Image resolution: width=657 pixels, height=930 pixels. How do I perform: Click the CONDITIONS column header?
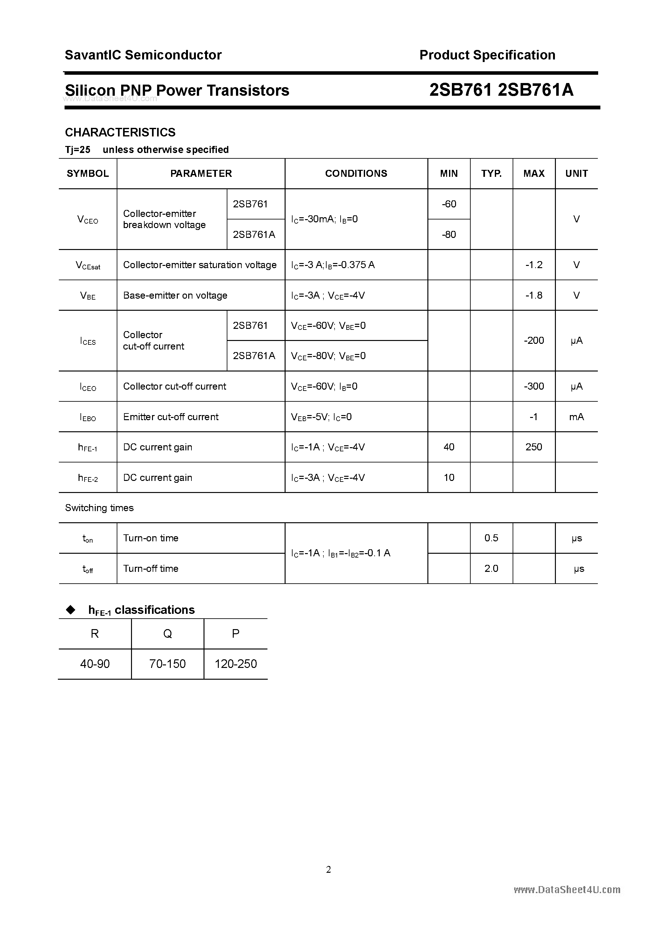(x=356, y=173)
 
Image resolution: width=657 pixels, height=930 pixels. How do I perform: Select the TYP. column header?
(x=491, y=173)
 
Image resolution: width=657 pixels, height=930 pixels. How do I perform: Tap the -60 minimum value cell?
(x=449, y=204)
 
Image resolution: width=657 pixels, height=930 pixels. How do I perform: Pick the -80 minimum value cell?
(x=449, y=234)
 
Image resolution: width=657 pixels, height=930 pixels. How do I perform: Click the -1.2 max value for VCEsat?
(x=534, y=265)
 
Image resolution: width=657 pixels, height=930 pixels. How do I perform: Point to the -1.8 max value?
(x=534, y=295)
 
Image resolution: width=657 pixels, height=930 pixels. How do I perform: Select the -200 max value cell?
(x=534, y=341)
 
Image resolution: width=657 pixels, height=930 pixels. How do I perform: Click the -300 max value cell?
(x=534, y=386)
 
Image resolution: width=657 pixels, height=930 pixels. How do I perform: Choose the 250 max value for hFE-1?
(x=534, y=447)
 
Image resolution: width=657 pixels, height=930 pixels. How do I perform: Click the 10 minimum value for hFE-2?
(x=449, y=477)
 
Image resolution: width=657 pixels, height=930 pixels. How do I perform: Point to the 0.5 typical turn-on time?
(x=491, y=538)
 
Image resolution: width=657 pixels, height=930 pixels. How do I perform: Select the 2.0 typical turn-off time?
(x=491, y=568)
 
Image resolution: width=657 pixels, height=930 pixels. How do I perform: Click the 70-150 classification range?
(x=167, y=664)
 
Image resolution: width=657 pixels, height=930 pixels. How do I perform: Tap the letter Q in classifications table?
(x=167, y=634)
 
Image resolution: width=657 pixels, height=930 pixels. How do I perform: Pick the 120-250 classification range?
(x=236, y=664)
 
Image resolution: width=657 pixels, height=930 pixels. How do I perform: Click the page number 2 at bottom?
(x=328, y=869)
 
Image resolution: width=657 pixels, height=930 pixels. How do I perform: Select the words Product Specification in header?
(x=487, y=55)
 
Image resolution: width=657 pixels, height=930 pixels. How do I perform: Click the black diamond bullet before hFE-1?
(x=71, y=610)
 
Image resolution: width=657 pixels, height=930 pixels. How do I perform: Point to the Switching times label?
(x=99, y=508)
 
